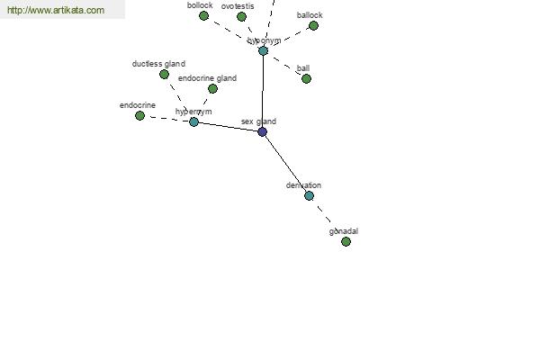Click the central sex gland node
click(x=262, y=131)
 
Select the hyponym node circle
click(x=263, y=50)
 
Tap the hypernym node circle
click(x=193, y=121)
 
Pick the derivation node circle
click(x=309, y=195)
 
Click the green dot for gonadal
click(x=346, y=241)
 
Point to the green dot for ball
click(x=306, y=78)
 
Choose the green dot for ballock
click(x=313, y=25)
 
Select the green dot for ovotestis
click(x=241, y=16)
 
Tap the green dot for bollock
click(x=203, y=15)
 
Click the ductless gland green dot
click(x=164, y=74)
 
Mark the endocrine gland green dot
click(x=212, y=88)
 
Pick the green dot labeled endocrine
click(x=139, y=115)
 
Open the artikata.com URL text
click(x=55, y=10)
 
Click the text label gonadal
click(x=344, y=231)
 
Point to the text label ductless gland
click(x=158, y=64)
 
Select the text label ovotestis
click(x=238, y=6)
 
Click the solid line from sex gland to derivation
click(x=285, y=164)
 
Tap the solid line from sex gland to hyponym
click(x=262, y=90)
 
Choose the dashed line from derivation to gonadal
click(x=328, y=219)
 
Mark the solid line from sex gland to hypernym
click(x=228, y=126)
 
